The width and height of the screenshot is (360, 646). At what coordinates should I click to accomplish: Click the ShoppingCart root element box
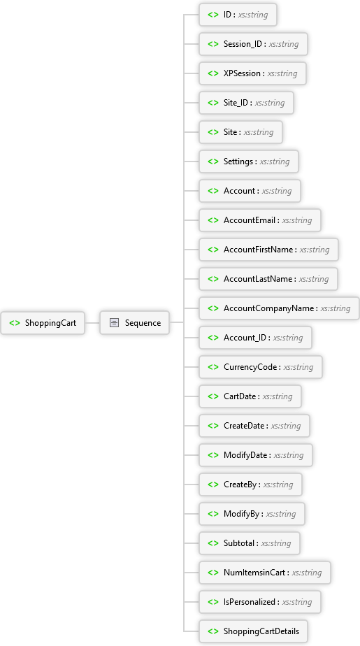pyautogui.click(x=43, y=322)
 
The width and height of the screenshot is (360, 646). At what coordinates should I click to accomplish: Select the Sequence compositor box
pyautogui.click(x=135, y=322)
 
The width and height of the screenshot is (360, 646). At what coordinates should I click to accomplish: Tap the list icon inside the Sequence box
pyautogui.click(x=114, y=322)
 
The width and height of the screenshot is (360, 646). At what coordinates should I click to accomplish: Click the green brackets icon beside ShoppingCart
pyautogui.click(x=15, y=323)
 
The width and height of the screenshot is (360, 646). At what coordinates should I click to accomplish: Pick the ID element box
pyautogui.click(x=238, y=15)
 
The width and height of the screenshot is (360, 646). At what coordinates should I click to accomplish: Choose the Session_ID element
pyautogui.click(x=253, y=44)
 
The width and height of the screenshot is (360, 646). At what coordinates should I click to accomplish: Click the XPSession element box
pyautogui.click(x=253, y=73)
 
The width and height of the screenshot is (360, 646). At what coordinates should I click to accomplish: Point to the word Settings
pyautogui.click(x=238, y=161)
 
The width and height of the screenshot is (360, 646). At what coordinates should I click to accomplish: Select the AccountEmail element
pyautogui.click(x=260, y=220)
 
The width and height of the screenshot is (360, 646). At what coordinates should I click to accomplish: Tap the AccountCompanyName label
pyautogui.click(x=269, y=308)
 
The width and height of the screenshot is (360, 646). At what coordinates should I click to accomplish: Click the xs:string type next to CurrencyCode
pyautogui.click(x=298, y=367)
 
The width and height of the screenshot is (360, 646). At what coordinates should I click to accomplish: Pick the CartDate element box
pyautogui.click(x=250, y=396)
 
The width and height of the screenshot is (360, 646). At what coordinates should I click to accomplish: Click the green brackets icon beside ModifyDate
pyautogui.click(x=213, y=455)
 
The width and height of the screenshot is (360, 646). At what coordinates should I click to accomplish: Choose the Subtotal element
pyautogui.click(x=250, y=543)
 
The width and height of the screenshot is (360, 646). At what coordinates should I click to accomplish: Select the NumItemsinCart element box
pyautogui.click(x=265, y=573)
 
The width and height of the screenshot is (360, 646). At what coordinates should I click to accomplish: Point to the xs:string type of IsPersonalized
pyautogui.click(x=297, y=602)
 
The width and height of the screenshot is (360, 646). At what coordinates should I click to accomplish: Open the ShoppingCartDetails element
pyautogui.click(x=253, y=631)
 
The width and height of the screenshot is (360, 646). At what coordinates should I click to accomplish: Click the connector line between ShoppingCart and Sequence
pyautogui.click(x=92, y=322)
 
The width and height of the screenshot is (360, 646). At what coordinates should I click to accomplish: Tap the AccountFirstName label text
pyautogui.click(x=259, y=250)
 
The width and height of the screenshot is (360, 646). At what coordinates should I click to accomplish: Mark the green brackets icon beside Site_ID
pyautogui.click(x=213, y=103)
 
